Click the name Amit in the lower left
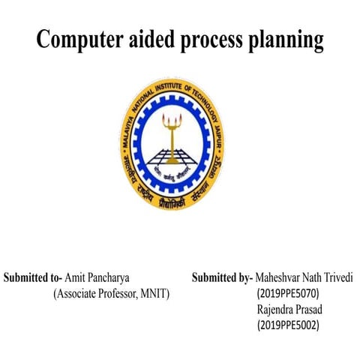coord(76,277)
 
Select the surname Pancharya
coord(113,277)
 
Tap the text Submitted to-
coord(33,277)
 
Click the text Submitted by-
coord(223,277)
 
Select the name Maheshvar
coord(280,277)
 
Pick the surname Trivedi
coord(343,277)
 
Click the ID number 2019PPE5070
coord(287,293)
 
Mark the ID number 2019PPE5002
coord(287,325)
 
